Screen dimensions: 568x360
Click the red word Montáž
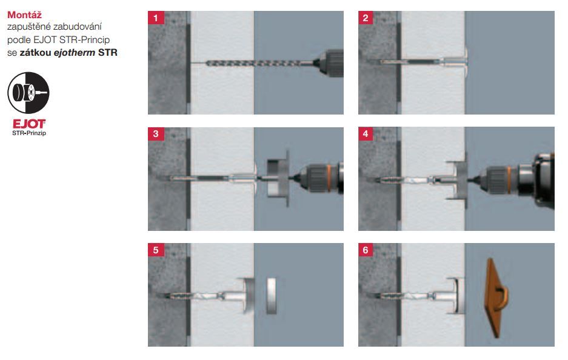click(24, 15)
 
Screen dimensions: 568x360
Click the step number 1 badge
click(156, 18)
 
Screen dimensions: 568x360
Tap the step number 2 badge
click(366, 18)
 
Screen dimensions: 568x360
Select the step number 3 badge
click(156, 134)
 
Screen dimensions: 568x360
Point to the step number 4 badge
click(366, 134)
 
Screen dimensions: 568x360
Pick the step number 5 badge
click(156, 250)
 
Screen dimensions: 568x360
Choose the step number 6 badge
click(366, 250)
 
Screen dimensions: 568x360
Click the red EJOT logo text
click(29, 124)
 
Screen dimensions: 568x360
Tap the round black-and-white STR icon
click(28, 93)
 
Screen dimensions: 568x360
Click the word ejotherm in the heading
click(75, 53)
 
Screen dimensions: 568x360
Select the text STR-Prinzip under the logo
click(29, 133)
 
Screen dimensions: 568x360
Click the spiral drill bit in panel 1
click(253, 64)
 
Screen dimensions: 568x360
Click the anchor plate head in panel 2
click(466, 62)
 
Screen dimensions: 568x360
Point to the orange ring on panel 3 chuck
click(329, 177)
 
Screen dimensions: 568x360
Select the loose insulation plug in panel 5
click(272, 296)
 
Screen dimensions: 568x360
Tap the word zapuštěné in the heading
click(28, 27)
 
